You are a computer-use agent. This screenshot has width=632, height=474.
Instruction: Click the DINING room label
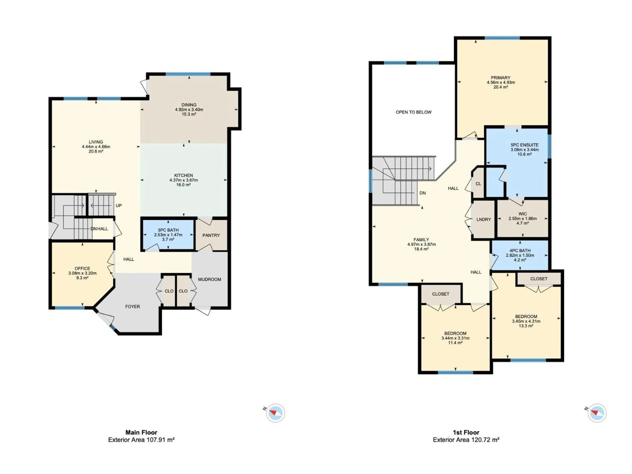[x=189, y=105]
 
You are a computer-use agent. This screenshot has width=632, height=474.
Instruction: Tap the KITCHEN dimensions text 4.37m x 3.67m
[x=184, y=180]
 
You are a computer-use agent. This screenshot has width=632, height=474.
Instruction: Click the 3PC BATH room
[x=168, y=235]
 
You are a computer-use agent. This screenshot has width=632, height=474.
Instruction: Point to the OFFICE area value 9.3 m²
[x=82, y=278]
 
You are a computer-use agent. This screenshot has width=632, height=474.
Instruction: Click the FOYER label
[x=132, y=307]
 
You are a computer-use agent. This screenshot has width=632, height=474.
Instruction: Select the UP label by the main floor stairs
[x=118, y=205]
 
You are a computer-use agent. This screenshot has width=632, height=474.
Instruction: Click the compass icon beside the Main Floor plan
[x=275, y=413]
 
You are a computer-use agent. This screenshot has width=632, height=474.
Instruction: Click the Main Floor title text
[x=141, y=432]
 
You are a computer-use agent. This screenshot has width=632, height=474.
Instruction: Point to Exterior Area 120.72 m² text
[x=466, y=440]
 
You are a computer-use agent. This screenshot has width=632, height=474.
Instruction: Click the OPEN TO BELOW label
[x=413, y=112]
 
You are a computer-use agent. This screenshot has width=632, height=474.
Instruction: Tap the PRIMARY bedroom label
[x=500, y=78]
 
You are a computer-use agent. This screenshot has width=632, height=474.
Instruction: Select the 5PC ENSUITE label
[x=525, y=145]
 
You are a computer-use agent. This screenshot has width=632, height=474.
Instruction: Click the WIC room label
[x=523, y=214]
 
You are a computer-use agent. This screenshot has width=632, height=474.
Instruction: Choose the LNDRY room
[x=483, y=219]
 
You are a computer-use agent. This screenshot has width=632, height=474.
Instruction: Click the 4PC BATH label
[x=520, y=250]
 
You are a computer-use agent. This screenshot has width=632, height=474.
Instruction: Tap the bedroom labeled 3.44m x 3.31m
[x=455, y=338]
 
